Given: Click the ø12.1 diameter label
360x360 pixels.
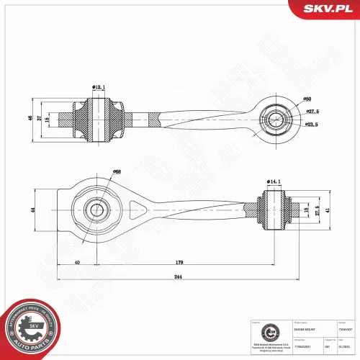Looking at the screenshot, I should pyautogui.click(x=99, y=87).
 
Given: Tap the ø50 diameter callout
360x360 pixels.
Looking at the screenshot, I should pyautogui.click(x=307, y=99).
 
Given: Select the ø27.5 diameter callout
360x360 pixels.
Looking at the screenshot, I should pyautogui.click(x=311, y=112).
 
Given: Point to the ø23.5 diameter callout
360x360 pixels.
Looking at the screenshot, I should pyautogui.click(x=311, y=125).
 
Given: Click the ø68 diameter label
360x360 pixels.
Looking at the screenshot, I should pyautogui.click(x=117, y=171).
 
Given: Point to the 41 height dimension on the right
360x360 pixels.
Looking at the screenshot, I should pyautogui.click(x=327, y=210).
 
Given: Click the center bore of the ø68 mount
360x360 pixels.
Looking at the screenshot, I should pyautogui.click(x=96, y=210).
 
